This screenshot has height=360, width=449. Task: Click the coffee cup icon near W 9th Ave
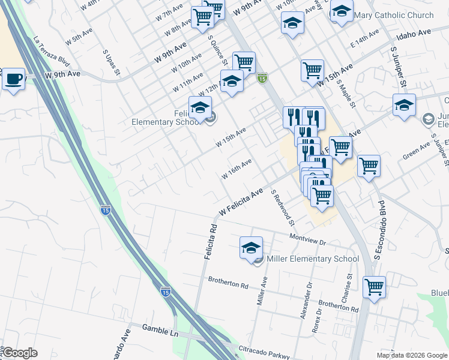(x=13, y=79)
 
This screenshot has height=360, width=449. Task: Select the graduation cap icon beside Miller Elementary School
(x=252, y=247)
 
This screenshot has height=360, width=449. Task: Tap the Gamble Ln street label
(x=160, y=328)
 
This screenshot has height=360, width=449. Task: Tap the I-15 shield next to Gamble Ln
(x=165, y=292)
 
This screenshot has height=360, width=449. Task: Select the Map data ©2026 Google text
(x=412, y=355)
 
